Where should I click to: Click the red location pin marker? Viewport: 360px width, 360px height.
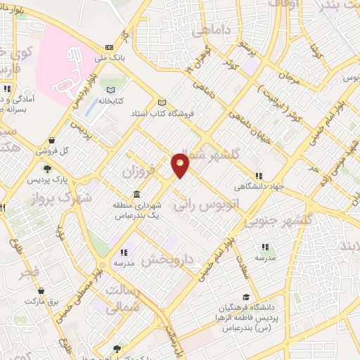181,165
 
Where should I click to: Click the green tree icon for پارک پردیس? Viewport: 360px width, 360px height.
47,169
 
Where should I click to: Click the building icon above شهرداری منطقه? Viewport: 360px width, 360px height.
136,194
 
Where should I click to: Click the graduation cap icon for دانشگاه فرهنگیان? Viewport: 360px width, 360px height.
245,297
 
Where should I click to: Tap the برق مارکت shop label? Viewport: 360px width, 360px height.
41,300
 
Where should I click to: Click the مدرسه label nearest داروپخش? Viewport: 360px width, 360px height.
124,261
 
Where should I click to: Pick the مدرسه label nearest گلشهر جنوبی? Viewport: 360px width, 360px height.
265,257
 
